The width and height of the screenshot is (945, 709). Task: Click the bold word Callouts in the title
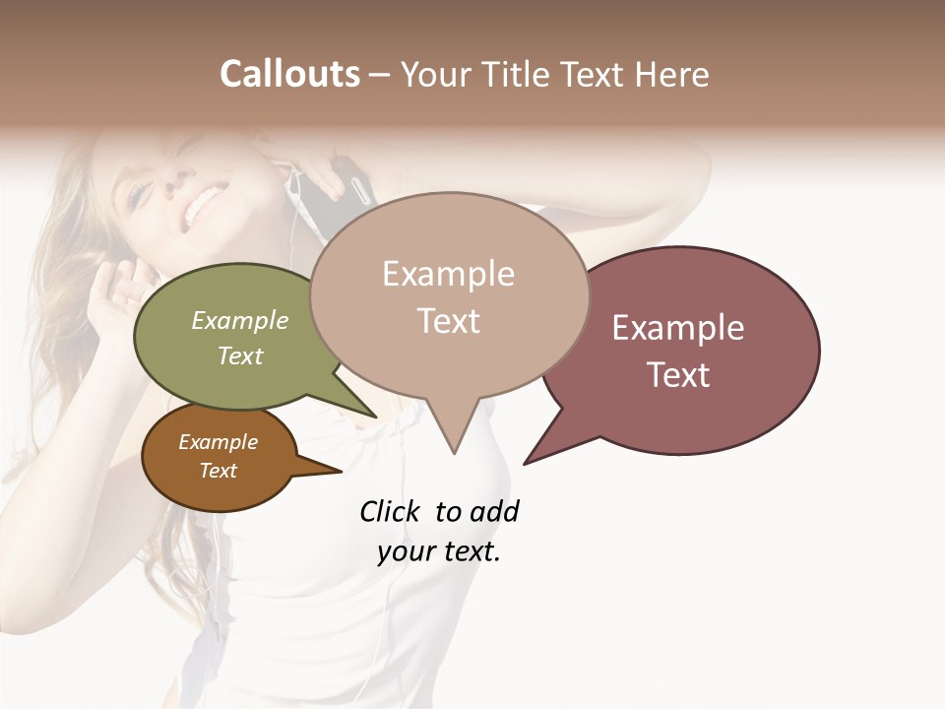289,74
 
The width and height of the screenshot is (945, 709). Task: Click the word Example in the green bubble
240,320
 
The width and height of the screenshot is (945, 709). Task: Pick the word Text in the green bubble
240,355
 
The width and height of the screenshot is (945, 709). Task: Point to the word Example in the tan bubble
448,274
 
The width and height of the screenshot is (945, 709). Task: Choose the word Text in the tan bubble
448,321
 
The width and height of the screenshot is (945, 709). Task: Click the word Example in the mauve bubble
678,328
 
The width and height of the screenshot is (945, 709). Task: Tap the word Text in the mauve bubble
678,374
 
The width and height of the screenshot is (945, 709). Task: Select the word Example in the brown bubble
218,442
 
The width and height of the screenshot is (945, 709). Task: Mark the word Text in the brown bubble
218,471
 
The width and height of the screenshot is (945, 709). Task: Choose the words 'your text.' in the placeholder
439,551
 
